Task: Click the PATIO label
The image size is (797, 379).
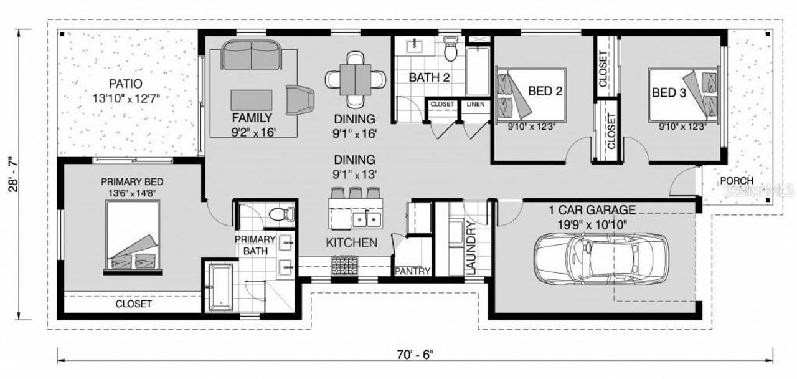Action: (x=126, y=84)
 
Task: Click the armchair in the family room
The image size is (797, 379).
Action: (x=300, y=99)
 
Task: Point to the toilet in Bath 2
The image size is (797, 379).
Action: (x=451, y=49)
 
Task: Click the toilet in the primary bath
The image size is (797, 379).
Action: (x=281, y=214)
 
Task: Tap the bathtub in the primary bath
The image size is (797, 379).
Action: (x=220, y=286)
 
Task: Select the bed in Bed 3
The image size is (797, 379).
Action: (x=684, y=94)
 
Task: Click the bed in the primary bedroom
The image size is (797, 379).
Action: (x=133, y=237)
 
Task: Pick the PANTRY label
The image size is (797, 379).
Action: (x=412, y=271)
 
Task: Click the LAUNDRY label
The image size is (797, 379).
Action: (x=470, y=249)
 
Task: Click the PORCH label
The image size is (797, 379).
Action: (x=736, y=181)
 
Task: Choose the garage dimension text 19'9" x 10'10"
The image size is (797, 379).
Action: (x=588, y=224)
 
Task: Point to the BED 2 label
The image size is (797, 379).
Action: (x=545, y=92)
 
